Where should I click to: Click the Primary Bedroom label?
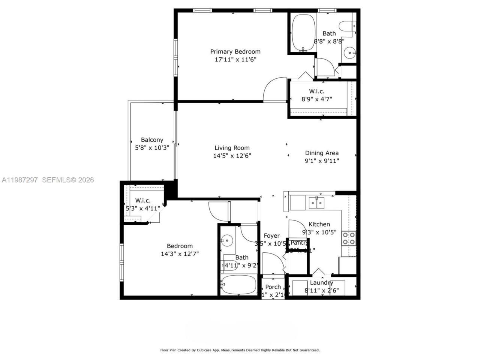click(235, 52)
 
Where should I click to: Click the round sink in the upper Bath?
click(351, 53)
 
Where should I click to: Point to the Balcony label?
click(152, 140)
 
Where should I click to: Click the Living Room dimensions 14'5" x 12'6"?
click(232, 156)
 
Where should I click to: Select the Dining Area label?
click(322, 153)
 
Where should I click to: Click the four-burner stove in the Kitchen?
click(349, 238)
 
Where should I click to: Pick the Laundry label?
click(321, 283)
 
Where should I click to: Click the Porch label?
click(273, 287)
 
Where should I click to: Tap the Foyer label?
click(271, 236)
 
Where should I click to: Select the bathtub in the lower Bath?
click(238, 286)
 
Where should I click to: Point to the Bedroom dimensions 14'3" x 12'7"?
click(180, 253)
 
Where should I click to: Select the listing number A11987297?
click(20, 180)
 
